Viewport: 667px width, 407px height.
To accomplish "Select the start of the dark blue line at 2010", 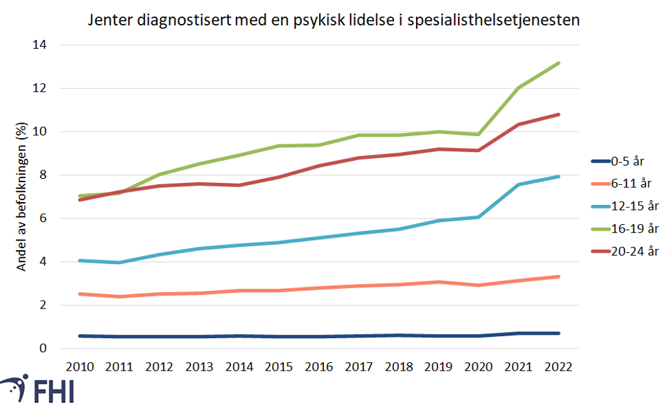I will pyautogui.click(x=80, y=336).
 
